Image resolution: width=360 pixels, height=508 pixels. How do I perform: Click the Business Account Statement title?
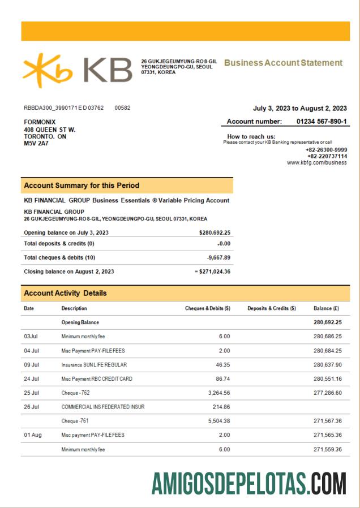pos(283,63)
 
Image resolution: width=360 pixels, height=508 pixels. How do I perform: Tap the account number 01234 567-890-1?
pos(322,122)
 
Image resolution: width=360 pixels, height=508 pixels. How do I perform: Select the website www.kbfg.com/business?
pos(317,162)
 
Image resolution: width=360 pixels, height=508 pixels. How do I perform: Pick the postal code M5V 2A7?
pos(36,144)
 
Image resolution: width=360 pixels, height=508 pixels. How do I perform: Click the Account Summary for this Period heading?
pos(82,186)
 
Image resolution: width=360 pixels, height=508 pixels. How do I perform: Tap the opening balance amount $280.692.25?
pos(215,233)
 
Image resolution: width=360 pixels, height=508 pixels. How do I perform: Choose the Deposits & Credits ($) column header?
pos(272,308)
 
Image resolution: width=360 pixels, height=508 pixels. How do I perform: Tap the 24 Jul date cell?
pos(31,378)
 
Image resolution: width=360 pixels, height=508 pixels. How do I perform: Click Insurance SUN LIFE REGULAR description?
pos(94,365)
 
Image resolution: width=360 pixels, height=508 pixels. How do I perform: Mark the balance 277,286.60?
pos(327,393)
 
